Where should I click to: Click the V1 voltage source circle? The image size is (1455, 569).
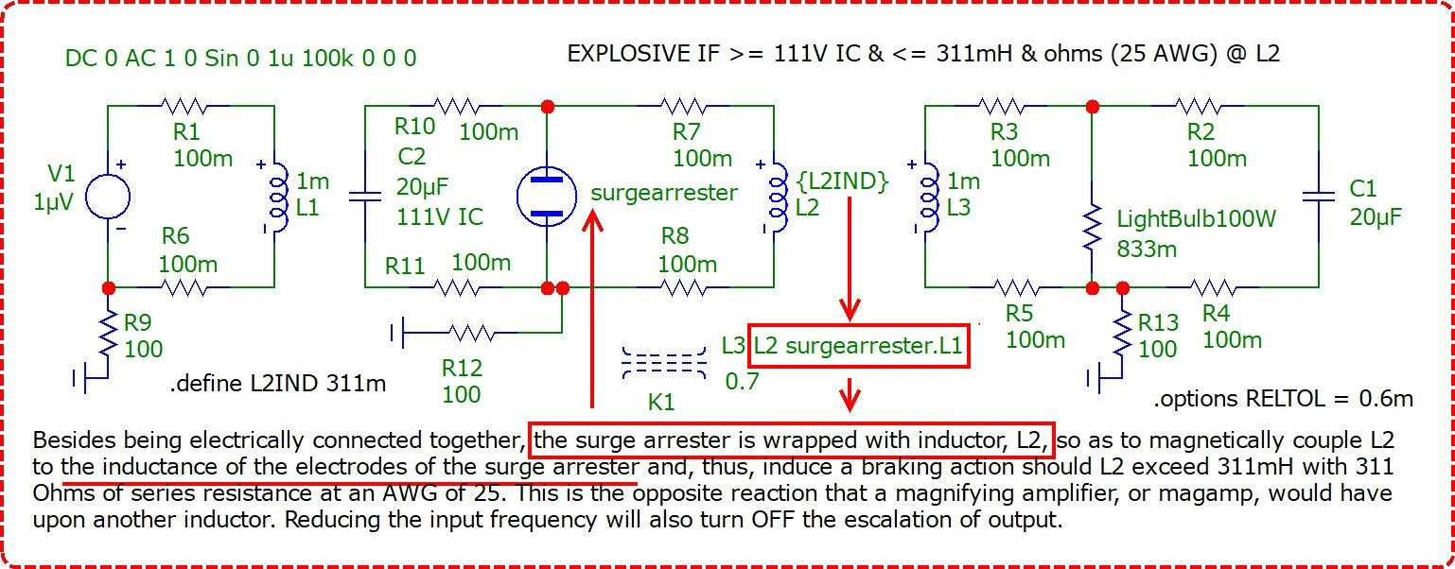click(x=108, y=196)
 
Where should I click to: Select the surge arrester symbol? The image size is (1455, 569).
click(x=546, y=196)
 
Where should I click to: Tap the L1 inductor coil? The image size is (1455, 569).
click(x=278, y=197)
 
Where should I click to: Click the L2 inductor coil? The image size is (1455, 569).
click(x=778, y=197)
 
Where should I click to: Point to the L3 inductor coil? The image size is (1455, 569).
click(x=929, y=197)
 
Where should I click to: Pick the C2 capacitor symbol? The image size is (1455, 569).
click(x=365, y=196)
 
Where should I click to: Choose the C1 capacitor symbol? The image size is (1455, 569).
click(x=1319, y=196)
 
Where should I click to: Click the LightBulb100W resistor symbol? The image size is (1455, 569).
click(x=1093, y=227)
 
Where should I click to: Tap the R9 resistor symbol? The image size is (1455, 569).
click(x=108, y=335)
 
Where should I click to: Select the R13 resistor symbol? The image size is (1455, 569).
click(x=1122, y=335)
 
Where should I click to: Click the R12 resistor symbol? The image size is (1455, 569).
click(x=471, y=334)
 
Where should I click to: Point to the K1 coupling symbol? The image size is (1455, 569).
click(x=664, y=363)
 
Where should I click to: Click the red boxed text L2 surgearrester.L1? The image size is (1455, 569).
click(x=858, y=346)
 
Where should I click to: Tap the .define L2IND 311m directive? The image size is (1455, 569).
click(x=278, y=384)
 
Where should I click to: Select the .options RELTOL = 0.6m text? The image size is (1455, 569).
click(x=1284, y=398)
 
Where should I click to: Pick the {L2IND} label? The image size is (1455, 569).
click(x=843, y=181)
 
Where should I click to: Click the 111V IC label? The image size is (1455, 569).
click(x=440, y=216)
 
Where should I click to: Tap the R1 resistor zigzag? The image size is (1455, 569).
click(x=184, y=106)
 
